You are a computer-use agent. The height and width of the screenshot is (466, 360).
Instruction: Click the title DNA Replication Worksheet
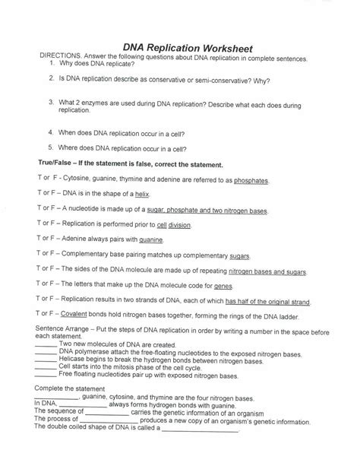coord(188,48)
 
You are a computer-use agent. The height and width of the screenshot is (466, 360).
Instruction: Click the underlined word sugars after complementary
coord(239,255)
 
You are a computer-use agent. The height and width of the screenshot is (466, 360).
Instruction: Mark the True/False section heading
coord(120,164)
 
